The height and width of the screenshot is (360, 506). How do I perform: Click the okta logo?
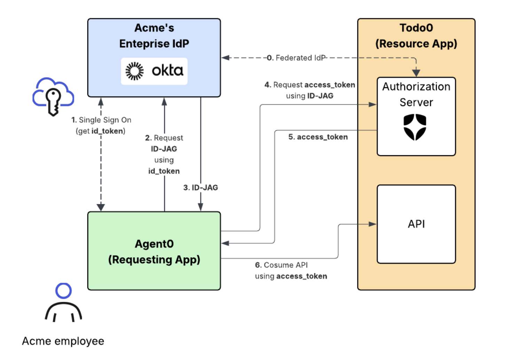click(154, 71)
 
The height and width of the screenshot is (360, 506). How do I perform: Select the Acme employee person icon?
click(63, 303)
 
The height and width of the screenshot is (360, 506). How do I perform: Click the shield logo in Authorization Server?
click(415, 127)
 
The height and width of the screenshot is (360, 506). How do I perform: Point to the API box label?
click(416, 224)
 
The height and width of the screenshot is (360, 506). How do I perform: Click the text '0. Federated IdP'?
click(296, 58)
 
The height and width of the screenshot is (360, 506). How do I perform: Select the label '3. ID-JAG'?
click(200, 188)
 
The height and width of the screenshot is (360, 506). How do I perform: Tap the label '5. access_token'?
click(318, 137)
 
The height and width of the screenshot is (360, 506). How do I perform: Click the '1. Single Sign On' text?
click(101, 120)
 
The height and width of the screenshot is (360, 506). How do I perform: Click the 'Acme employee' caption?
click(63, 341)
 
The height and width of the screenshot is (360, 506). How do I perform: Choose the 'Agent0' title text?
click(154, 244)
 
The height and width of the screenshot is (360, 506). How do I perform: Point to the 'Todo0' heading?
click(416, 28)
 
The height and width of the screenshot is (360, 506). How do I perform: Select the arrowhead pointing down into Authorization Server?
click(416, 73)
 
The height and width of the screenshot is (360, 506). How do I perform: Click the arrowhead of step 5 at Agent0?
click(225, 243)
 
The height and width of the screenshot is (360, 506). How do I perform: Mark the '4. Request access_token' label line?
click(310, 85)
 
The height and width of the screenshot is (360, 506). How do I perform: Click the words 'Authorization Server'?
click(416, 94)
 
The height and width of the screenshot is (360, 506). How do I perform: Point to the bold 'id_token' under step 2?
click(164, 171)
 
